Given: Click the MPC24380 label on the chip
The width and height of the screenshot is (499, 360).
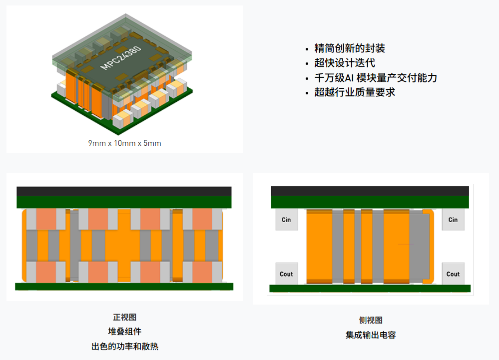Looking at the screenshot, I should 121,58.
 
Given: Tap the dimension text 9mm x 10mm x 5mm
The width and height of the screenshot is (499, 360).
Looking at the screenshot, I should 125,143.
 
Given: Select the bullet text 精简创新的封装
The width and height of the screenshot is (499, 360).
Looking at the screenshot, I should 350,48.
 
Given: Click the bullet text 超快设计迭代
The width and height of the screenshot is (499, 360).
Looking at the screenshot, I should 345,63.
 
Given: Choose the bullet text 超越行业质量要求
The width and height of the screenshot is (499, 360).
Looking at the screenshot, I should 355,92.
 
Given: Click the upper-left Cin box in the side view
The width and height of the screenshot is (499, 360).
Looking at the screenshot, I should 286,220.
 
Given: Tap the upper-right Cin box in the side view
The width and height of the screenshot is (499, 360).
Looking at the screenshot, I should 453,220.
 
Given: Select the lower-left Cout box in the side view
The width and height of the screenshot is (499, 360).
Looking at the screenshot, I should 286,274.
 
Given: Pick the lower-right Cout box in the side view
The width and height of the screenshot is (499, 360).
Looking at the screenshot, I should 453,274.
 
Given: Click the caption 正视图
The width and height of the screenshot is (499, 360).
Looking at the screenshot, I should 125,317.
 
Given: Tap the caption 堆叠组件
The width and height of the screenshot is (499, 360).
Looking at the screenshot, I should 125,332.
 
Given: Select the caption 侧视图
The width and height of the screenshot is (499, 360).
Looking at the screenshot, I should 371,321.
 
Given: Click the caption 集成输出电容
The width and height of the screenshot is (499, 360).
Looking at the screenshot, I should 371,335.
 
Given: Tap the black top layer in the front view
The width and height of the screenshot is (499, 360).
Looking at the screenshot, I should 124,191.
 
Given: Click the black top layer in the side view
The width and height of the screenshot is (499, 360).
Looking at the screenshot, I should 370,191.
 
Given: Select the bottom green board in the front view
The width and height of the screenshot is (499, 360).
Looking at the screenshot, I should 124,287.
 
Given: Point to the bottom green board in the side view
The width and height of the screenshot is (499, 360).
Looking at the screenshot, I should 370,288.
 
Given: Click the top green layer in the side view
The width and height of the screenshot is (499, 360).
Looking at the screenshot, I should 370,202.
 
